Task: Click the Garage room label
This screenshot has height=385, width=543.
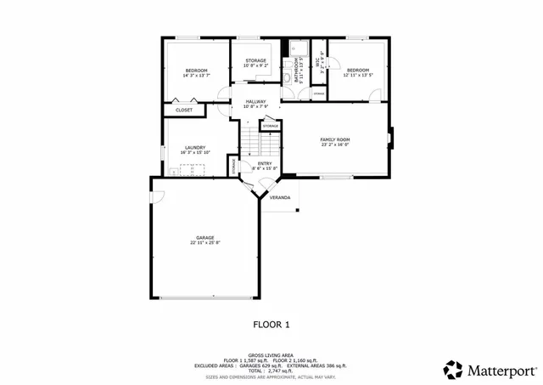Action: [x=204, y=238]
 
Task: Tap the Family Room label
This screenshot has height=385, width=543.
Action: [x=334, y=139]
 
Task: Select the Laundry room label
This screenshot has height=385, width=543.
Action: [x=195, y=148]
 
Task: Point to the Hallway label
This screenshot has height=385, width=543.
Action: [x=256, y=101]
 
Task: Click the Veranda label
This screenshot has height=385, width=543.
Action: [x=280, y=197]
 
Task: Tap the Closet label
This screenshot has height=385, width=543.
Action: [x=184, y=110]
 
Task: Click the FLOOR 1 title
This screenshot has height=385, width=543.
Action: [x=271, y=324]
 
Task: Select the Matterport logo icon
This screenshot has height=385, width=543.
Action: [x=453, y=370]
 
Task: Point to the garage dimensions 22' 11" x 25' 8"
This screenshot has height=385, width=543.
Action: [x=204, y=243]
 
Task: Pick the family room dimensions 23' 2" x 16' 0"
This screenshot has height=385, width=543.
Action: [x=334, y=144]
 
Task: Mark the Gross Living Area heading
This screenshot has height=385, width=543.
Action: [x=271, y=355]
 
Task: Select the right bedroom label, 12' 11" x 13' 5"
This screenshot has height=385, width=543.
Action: [x=357, y=75]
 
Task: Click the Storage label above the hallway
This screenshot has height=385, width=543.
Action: [x=256, y=60]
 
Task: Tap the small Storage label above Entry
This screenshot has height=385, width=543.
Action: [x=271, y=126]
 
